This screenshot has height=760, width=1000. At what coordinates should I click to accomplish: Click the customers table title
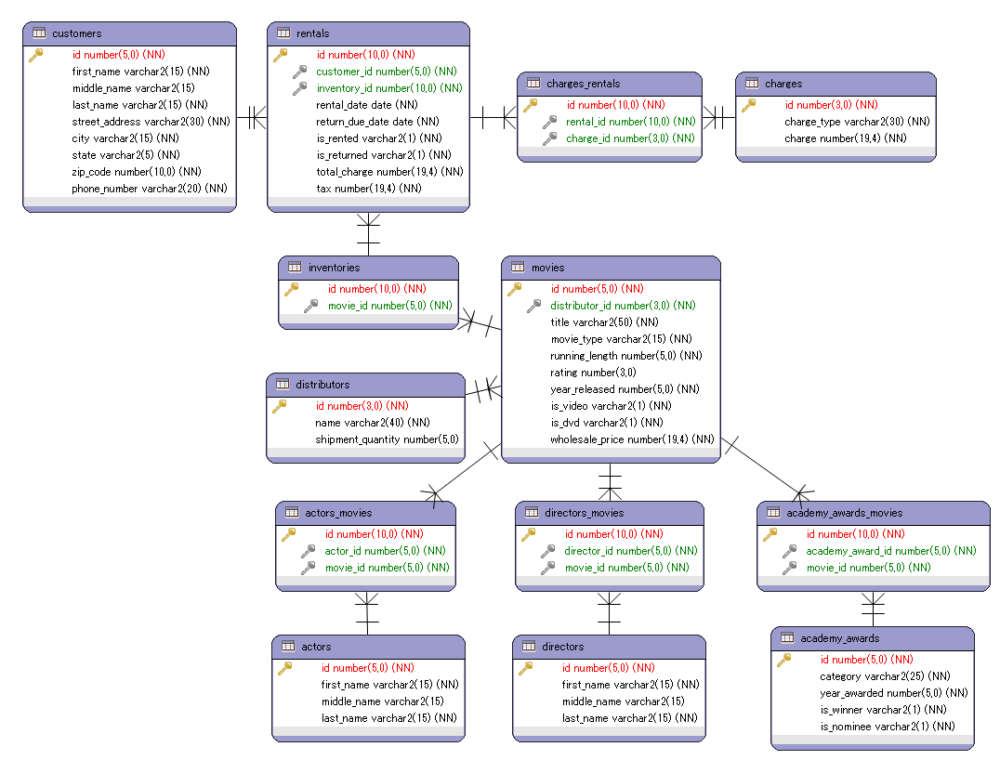tap(77, 33)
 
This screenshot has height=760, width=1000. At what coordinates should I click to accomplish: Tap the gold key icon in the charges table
tap(748, 105)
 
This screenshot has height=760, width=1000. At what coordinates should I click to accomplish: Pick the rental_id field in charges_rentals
tap(630, 122)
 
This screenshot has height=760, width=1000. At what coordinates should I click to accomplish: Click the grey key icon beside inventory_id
tap(300, 88)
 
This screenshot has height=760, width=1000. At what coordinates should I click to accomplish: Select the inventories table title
tap(334, 268)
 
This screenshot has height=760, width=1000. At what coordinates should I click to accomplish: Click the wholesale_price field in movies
tap(632, 439)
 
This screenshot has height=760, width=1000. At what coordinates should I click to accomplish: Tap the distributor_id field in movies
tap(623, 306)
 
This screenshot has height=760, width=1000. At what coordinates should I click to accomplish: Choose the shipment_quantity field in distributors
tap(387, 439)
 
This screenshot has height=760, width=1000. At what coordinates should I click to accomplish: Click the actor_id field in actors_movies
tap(385, 551)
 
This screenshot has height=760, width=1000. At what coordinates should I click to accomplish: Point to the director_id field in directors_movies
tap(631, 551)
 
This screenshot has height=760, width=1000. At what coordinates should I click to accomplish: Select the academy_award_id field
tap(890, 551)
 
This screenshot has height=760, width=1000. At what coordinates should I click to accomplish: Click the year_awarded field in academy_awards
tap(893, 693)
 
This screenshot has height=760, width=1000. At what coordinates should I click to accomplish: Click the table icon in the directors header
tap(528, 646)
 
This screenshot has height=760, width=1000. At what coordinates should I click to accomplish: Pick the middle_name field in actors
tap(382, 701)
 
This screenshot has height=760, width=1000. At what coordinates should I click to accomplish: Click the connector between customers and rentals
tap(252, 118)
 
